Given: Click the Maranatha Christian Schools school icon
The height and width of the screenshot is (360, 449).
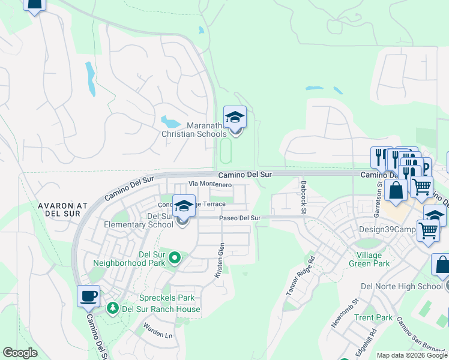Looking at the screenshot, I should point(235,117).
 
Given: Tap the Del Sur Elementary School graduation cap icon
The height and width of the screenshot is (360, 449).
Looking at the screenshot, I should point(184,206).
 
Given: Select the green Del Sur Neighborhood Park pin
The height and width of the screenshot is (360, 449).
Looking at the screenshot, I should point(175,258).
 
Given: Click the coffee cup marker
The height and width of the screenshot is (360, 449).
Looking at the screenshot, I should point(88,296).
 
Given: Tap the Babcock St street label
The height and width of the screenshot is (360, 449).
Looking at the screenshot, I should point(304,197).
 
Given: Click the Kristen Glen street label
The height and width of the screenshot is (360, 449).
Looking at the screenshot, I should point(220,260).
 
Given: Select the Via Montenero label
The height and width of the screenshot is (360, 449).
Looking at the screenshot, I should point(210,185).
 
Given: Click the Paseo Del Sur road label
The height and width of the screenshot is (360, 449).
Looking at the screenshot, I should point(240,218).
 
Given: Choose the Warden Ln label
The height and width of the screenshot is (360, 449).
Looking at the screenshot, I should point(157,331).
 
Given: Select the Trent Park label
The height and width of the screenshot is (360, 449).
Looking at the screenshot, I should point(373,317).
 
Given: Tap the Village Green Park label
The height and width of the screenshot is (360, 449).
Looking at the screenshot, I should point(369,259).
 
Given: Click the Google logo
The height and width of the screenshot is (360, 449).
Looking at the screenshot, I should point(20,353).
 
